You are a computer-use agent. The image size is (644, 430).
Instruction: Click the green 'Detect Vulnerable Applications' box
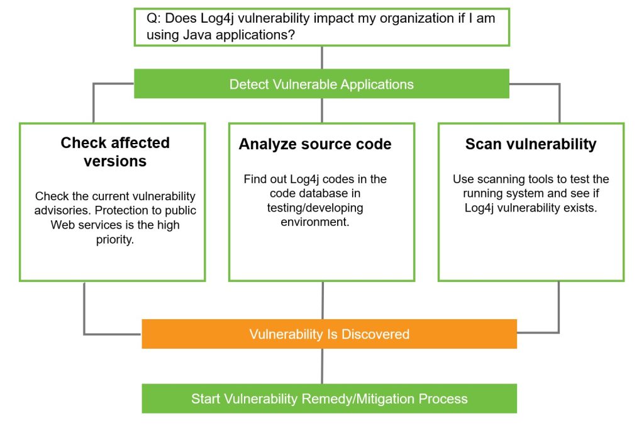pyautogui.click(x=321, y=84)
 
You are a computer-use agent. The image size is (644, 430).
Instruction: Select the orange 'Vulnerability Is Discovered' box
pyautogui.click(x=329, y=334)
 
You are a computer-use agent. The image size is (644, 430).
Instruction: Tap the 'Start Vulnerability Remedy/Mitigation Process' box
pyautogui.click(x=329, y=399)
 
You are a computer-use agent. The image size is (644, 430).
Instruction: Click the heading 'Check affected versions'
pyautogui.click(x=115, y=152)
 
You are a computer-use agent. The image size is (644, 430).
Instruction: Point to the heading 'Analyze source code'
pyautogui.click(x=315, y=144)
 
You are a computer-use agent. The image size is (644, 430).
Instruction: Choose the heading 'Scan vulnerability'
pyautogui.click(x=531, y=144)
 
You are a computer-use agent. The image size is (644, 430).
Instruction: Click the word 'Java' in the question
pyautogui.click(x=197, y=35)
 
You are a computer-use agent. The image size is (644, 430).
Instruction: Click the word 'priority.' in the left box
pyautogui.click(x=115, y=239)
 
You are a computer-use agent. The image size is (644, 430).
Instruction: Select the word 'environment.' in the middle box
pyautogui.click(x=315, y=222)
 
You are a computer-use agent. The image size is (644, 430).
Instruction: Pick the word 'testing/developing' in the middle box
pyautogui.click(x=315, y=208)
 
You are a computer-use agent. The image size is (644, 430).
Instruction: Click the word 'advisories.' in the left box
pyautogui.click(x=62, y=210)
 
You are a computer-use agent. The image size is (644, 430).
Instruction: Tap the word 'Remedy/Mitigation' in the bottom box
pyautogui.click(x=358, y=399)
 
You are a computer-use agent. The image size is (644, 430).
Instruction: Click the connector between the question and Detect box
pyautogui.click(x=322, y=57)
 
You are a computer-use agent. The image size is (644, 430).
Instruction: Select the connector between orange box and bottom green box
pyautogui.click(x=322, y=366)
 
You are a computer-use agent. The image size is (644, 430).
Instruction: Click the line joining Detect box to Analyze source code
pyautogui.click(x=322, y=111)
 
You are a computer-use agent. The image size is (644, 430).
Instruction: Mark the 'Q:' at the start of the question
pyautogui.click(x=153, y=19)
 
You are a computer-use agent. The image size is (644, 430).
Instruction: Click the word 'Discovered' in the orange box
pyautogui.click(x=375, y=334)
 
